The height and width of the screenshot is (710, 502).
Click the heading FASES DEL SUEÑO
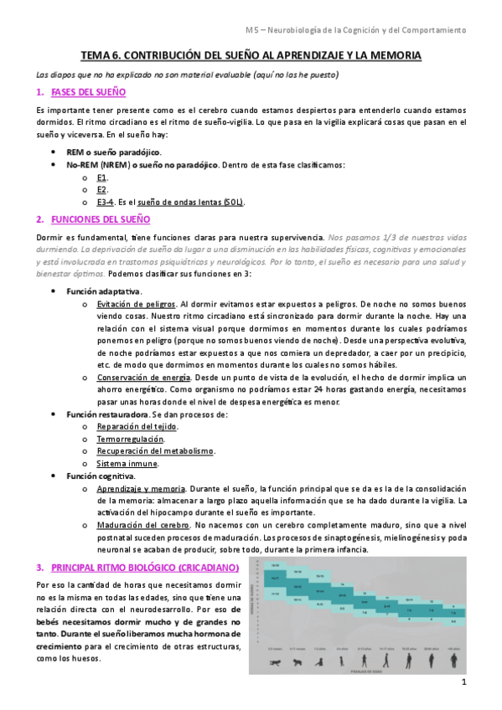pos(88,91)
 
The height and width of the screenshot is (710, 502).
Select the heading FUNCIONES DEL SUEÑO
pos(101,219)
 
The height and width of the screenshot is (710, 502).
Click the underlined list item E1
pos(101,177)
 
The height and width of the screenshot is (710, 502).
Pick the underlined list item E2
pos(101,190)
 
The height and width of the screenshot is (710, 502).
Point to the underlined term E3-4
pos(106,202)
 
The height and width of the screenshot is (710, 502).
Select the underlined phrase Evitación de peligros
pos(136,304)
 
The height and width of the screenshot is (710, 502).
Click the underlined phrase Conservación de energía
pos(142,377)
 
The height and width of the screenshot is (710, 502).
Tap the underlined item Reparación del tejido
pos(136,426)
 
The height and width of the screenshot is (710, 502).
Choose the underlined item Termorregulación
pos(129,439)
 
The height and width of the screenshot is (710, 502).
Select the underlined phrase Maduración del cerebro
pos(142,525)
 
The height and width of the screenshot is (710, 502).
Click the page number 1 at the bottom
pos(463,683)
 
